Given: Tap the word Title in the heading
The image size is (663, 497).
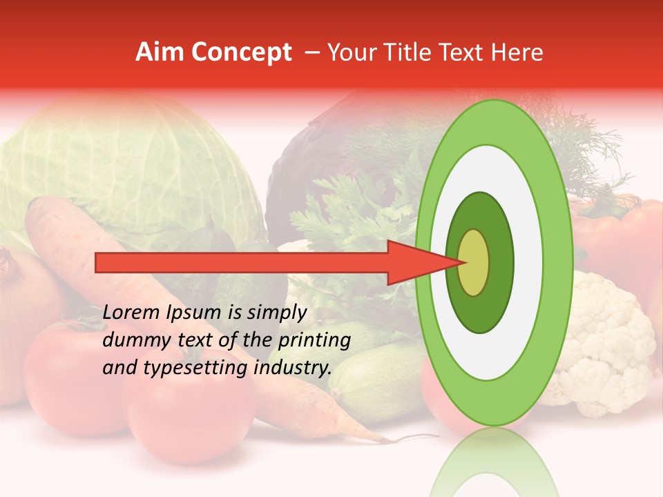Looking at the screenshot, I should [408, 52].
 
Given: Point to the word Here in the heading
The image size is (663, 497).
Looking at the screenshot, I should [517, 52].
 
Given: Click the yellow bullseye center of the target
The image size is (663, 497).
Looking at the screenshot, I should [473, 262].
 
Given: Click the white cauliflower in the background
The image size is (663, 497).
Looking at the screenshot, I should [608, 338].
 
